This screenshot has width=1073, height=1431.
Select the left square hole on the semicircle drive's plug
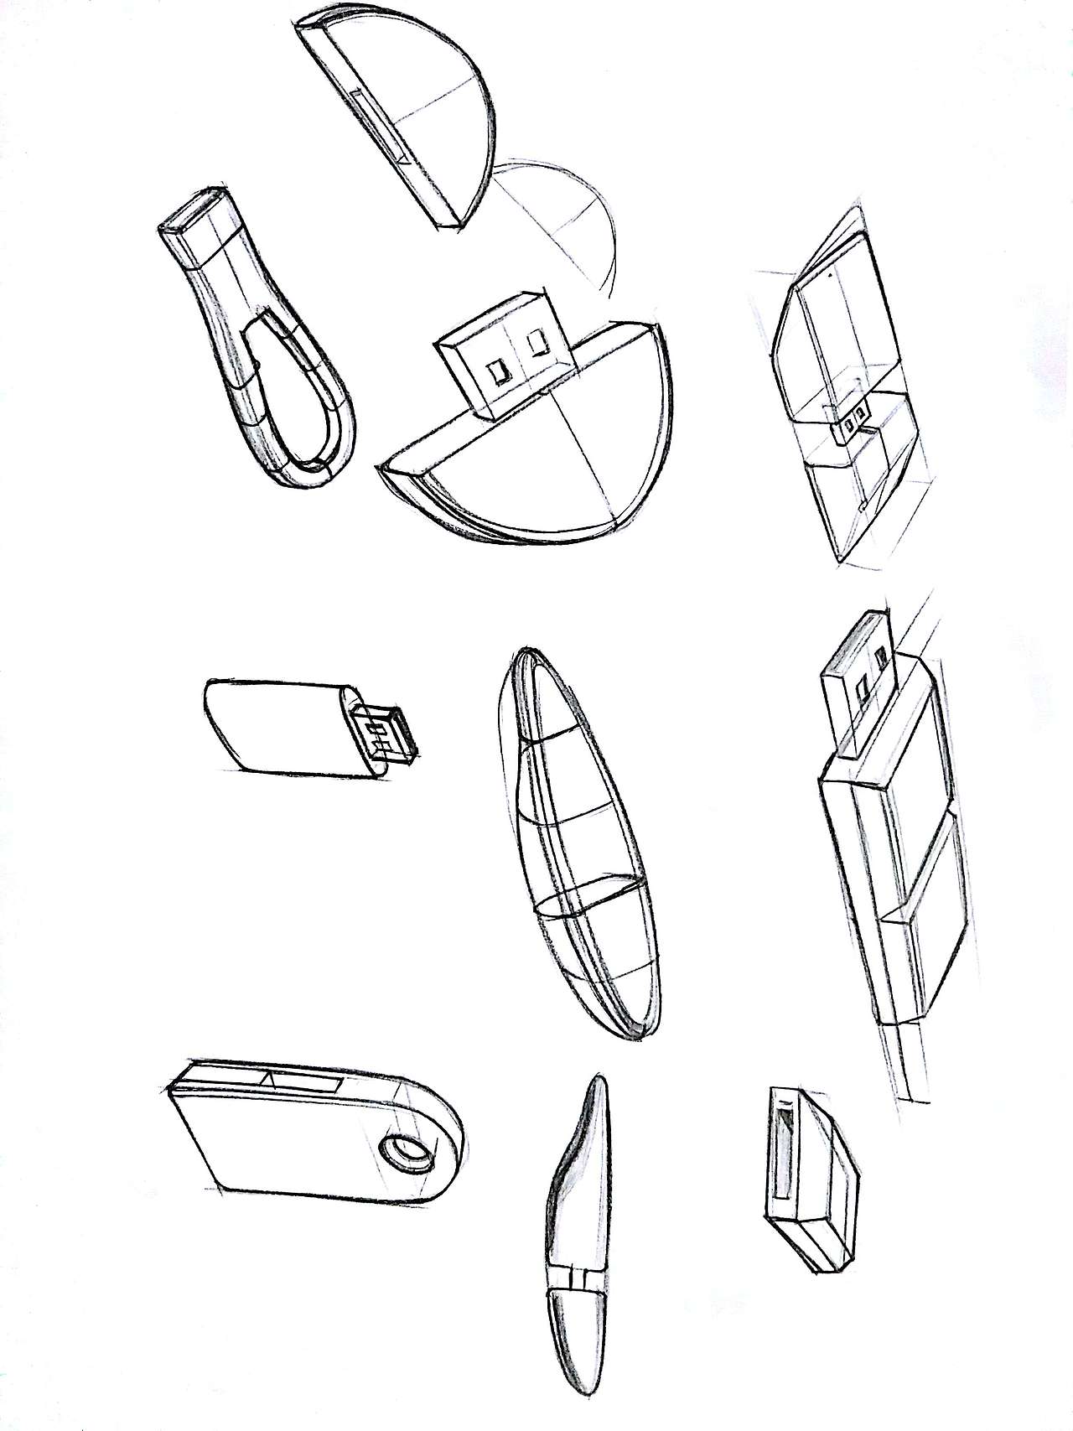[x=500, y=371]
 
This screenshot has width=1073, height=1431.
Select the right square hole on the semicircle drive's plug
[x=536, y=343]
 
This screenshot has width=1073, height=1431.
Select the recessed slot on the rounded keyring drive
[x=302, y=1081]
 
